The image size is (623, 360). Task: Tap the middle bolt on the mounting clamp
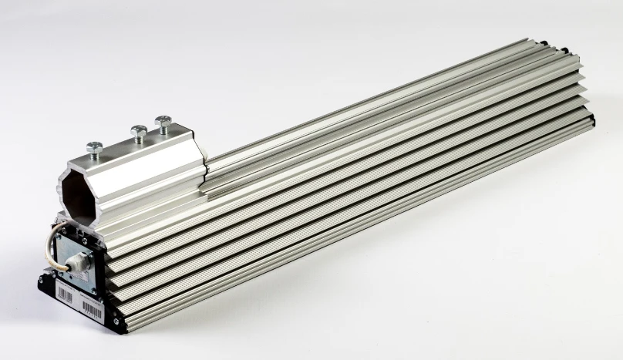pyautogui.click(x=140, y=133)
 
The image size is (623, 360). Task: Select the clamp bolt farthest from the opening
pyautogui.click(x=163, y=123)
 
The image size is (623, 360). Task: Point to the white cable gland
pyautogui.click(x=77, y=263)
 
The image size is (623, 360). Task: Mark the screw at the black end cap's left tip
pyautogui.click(x=42, y=281)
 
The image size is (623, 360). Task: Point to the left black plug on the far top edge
pyautogui.click(x=545, y=43)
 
